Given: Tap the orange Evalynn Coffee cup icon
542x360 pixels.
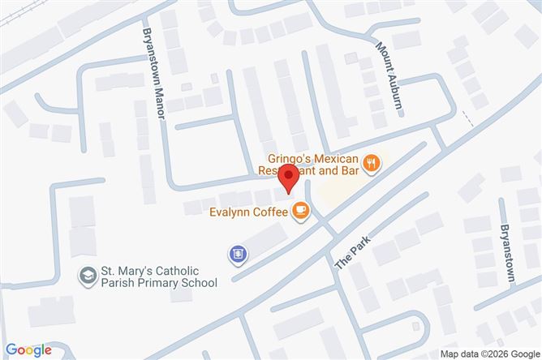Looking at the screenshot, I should tap(300, 212).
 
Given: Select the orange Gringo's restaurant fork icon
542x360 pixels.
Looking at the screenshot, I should tap(371, 163).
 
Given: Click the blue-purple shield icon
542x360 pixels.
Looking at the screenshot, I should tap(238, 255).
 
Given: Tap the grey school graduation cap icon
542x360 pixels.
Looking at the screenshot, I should tap(85, 276).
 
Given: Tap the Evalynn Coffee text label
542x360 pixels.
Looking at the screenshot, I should tap(247, 212).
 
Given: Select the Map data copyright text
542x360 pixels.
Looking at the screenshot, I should tap(488, 354).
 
